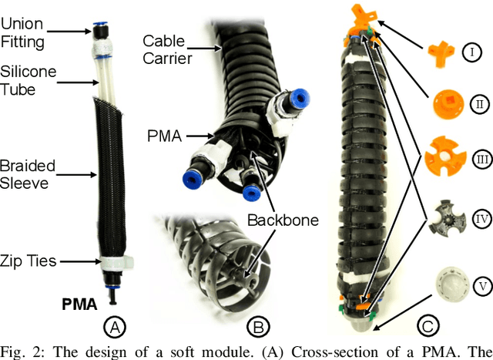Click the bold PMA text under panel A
click(x=80, y=305)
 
